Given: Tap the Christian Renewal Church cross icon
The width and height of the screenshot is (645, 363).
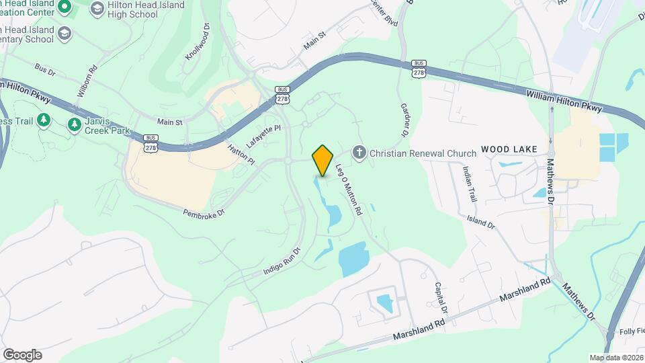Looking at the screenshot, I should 359,153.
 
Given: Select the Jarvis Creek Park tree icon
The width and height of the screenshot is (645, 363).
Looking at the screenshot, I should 75,124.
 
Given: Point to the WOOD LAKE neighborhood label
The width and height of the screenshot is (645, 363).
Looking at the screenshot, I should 505,151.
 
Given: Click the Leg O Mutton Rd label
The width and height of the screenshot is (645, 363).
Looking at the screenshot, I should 349,191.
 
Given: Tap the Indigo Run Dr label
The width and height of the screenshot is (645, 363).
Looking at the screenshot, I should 282,262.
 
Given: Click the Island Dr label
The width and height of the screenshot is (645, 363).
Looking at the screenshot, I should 480,221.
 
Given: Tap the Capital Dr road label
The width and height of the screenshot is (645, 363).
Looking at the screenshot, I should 441,298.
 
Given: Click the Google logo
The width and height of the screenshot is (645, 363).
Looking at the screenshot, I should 22,355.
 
